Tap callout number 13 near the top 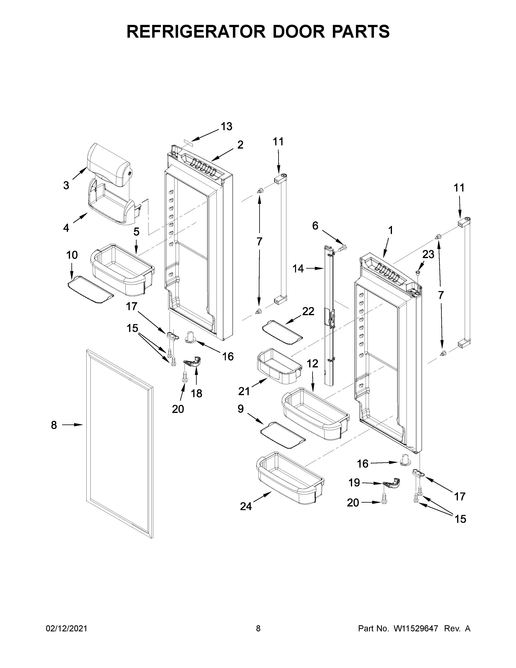pyautogui.click(x=226, y=126)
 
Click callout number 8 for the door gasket pyautogui.click(x=54, y=425)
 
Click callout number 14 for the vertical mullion pyautogui.click(x=298, y=269)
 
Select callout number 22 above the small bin pyautogui.click(x=308, y=311)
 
